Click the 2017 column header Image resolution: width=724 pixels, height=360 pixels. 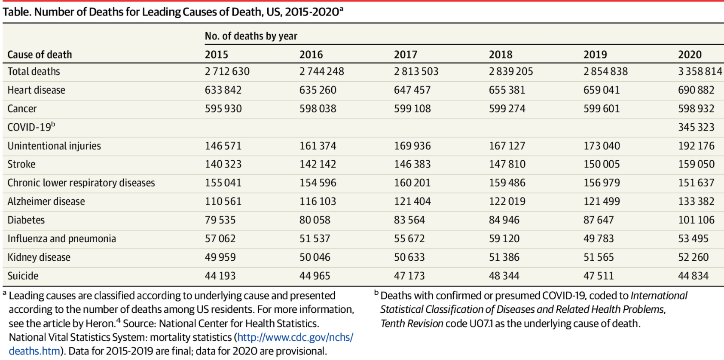[405, 55]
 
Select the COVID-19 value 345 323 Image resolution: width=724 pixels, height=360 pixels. [696, 127]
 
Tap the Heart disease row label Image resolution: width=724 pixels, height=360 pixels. [37, 90]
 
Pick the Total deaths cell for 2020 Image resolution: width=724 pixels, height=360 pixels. [700, 71]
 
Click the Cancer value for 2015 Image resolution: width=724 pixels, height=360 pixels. [223, 109]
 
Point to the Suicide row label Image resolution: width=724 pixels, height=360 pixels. [23, 276]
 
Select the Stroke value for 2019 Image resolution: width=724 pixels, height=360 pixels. [602, 164]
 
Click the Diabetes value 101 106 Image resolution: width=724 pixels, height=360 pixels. [696, 220]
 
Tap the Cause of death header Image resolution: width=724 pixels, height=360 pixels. [40, 55]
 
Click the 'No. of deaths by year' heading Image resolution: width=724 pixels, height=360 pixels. [251, 36]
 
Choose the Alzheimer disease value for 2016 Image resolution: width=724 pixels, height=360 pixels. [318, 201]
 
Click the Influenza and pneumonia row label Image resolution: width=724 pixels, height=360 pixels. [62, 239]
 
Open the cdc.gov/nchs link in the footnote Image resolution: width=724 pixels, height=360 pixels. [295, 338]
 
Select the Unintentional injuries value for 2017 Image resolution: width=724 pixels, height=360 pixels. [412, 146]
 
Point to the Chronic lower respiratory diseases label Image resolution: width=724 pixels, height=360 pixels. [81, 183]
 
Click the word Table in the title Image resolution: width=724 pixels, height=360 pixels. [16, 12]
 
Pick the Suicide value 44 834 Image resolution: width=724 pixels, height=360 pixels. [693, 276]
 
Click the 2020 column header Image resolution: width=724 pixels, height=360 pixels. [690, 55]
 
